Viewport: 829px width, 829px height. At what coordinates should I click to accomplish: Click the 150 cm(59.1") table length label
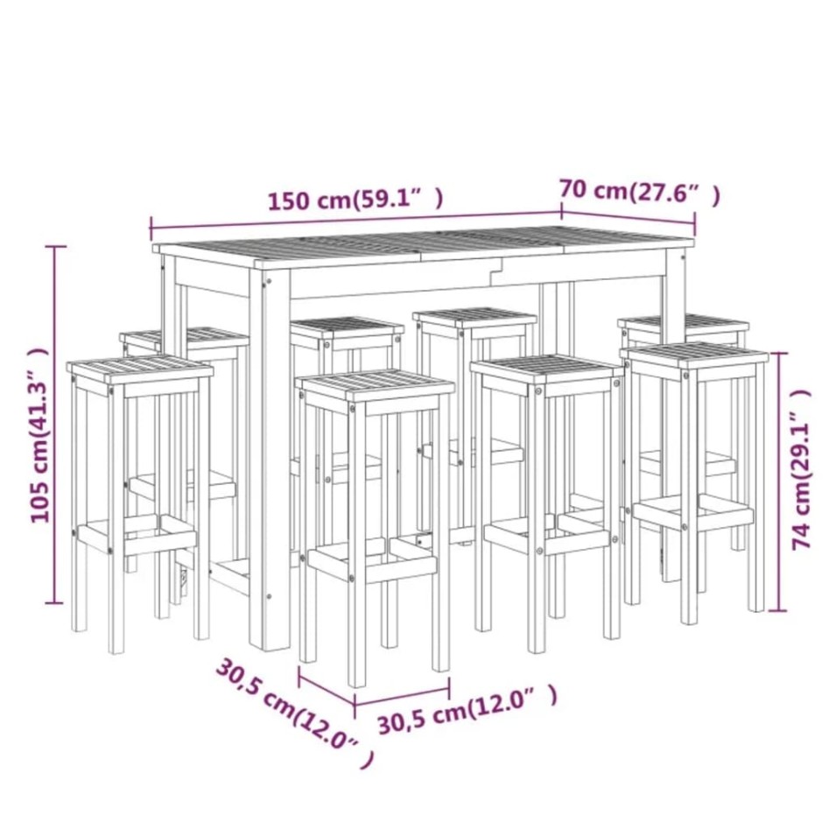pos(355,200)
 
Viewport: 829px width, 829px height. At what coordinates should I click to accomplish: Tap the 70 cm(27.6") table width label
pos(640,192)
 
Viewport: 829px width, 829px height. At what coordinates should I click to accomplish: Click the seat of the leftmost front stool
pos(140,369)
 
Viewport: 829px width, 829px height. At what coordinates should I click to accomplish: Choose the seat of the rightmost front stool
pos(696,355)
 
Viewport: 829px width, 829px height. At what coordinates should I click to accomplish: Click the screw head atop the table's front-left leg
pos(267,282)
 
